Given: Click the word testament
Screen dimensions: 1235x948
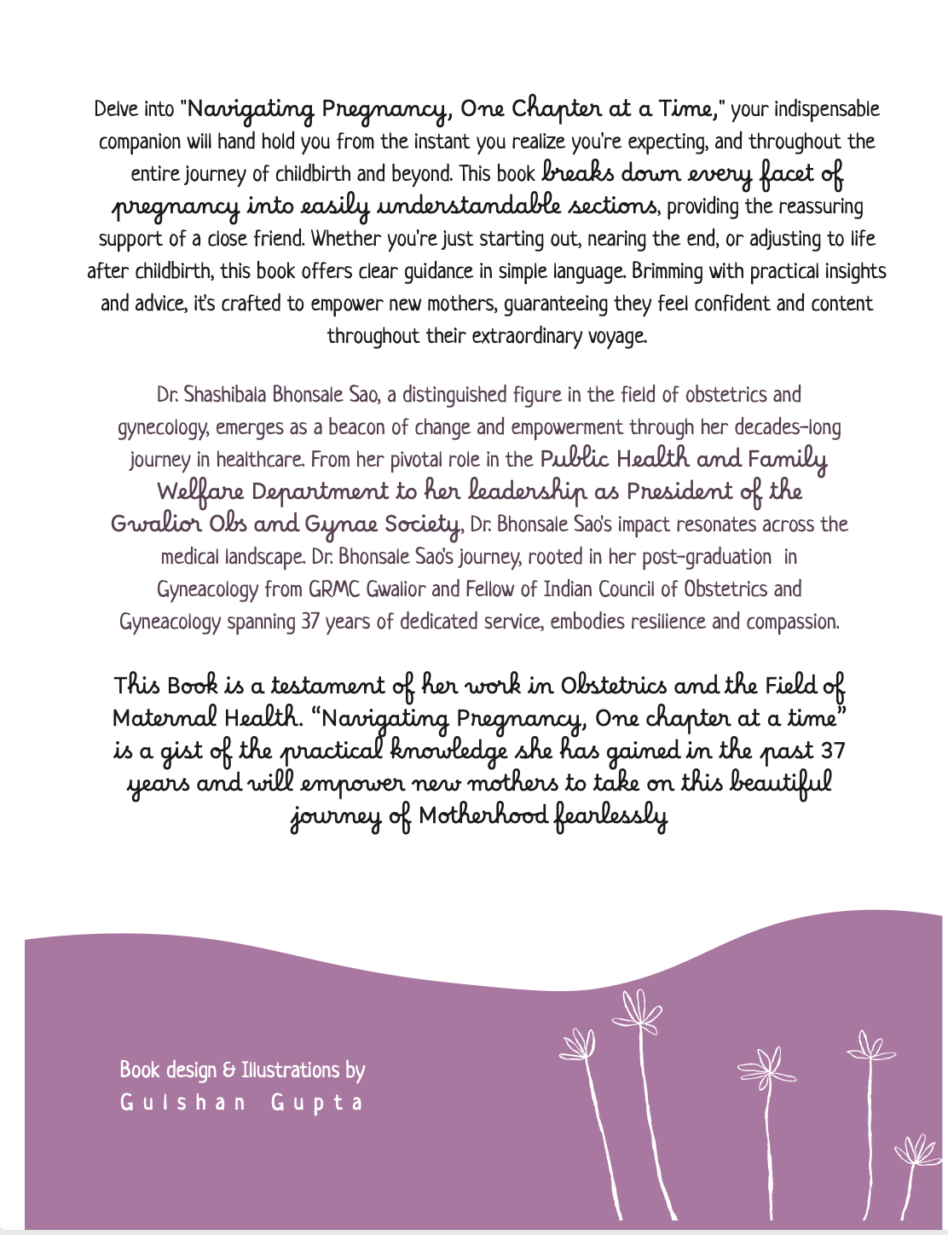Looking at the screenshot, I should tap(327, 687).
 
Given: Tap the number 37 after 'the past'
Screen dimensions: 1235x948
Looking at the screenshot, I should tap(832, 751).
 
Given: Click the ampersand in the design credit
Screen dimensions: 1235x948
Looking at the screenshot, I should tap(228, 1070).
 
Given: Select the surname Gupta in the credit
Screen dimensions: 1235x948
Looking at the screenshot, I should tap(317, 1103).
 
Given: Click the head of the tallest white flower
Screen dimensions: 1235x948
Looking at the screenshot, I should tap(637, 1010).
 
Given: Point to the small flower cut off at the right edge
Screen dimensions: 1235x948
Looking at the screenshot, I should tap(918, 1151).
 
